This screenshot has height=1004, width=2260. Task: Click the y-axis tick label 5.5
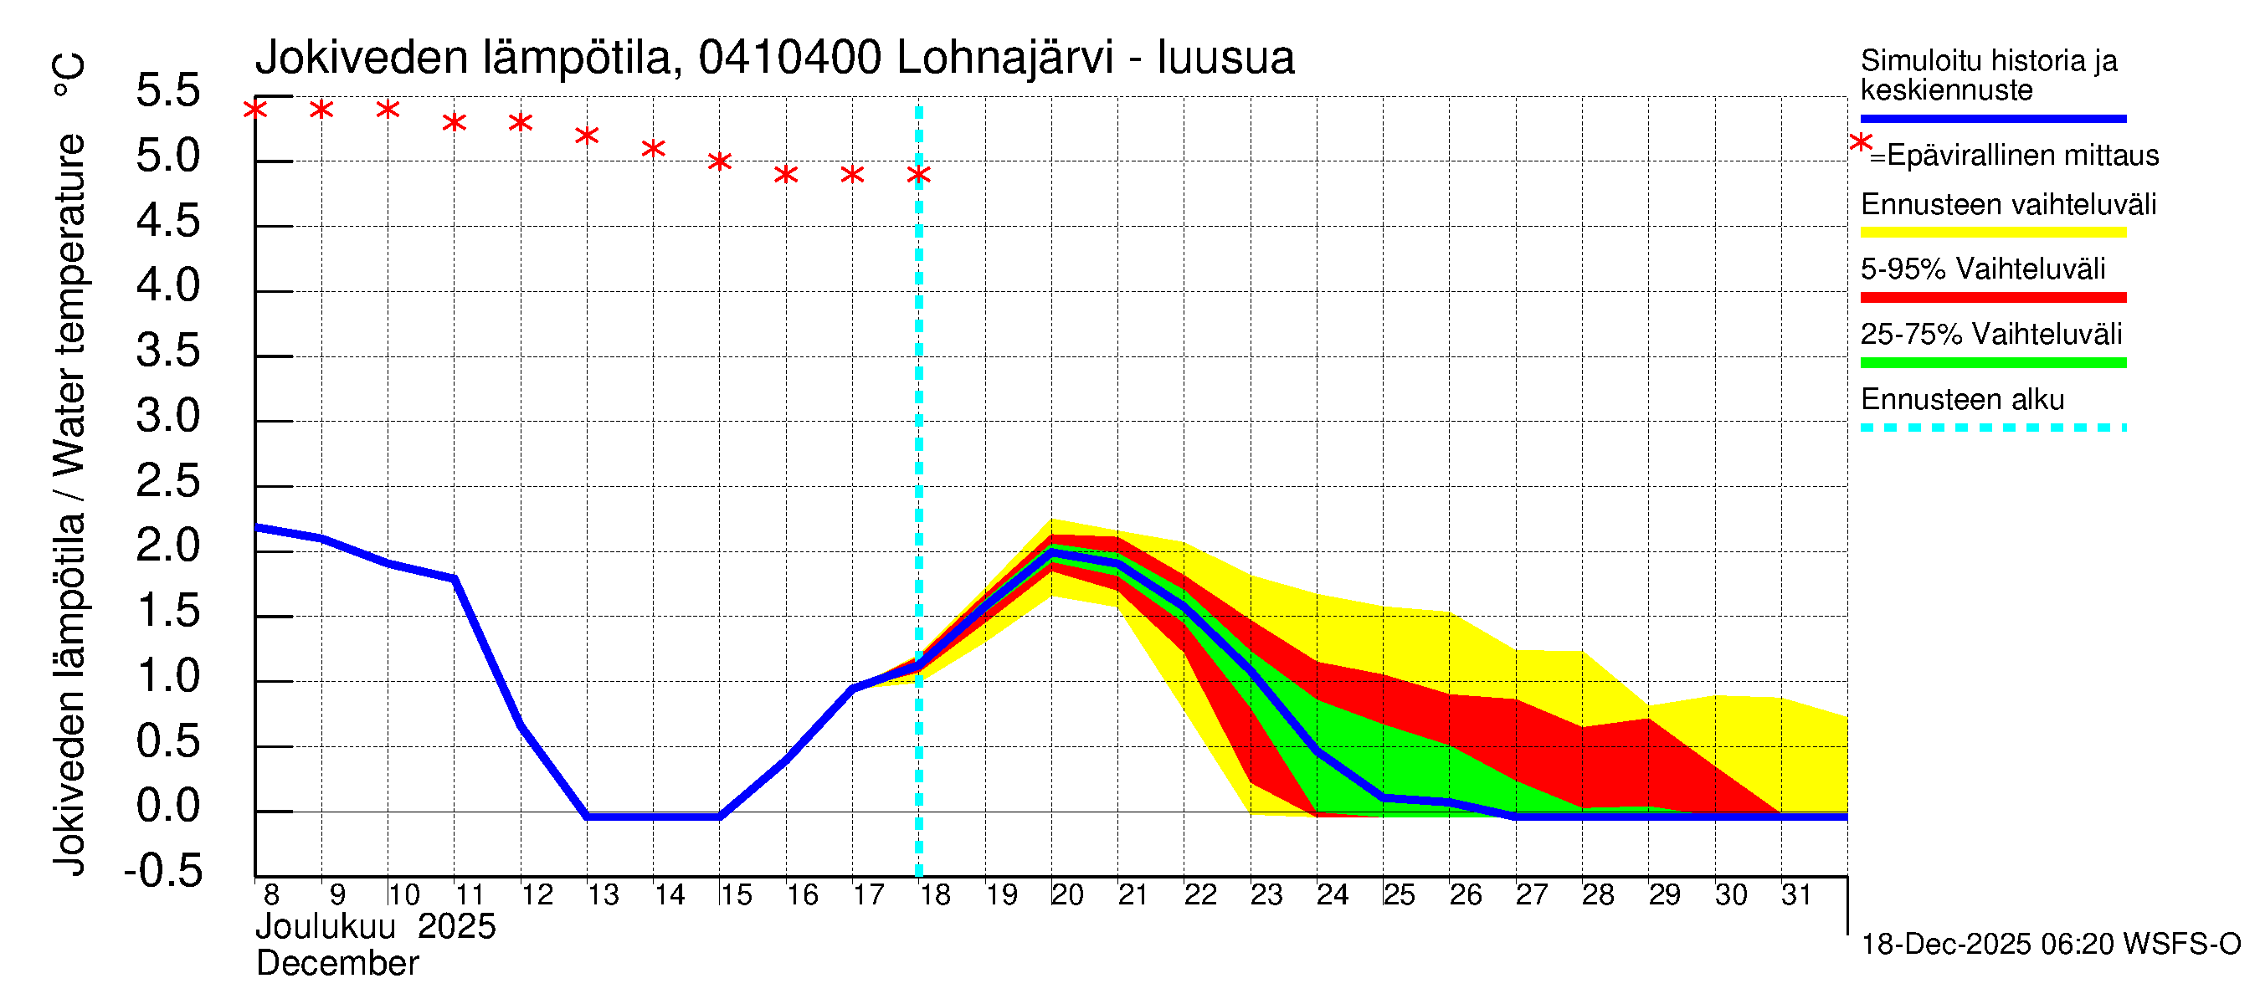click(167, 91)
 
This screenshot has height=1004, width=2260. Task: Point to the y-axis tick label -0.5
click(163, 872)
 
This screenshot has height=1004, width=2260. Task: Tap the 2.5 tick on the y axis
click(167, 481)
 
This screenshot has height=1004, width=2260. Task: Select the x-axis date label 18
click(935, 895)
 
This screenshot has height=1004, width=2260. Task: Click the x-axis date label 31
click(1796, 895)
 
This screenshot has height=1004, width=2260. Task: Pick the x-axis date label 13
click(603, 895)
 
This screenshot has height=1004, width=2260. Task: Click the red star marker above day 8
click(255, 110)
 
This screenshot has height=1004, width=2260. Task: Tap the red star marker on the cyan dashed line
click(918, 175)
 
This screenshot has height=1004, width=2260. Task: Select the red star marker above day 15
click(719, 161)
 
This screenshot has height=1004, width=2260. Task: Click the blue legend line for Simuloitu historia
click(1992, 118)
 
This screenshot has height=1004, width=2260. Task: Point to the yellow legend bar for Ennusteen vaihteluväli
click(1992, 233)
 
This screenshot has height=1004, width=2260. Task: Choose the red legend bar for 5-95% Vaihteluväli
click(1992, 298)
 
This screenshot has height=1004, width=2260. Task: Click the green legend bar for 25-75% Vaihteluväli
click(1992, 363)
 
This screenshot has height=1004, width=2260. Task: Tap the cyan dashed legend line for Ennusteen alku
click(1992, 428)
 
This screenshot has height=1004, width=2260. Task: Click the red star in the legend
click(1860, 142)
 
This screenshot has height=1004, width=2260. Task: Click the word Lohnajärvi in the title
click(1004, 58)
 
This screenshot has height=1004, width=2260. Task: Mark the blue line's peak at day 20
click(1051, 553)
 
